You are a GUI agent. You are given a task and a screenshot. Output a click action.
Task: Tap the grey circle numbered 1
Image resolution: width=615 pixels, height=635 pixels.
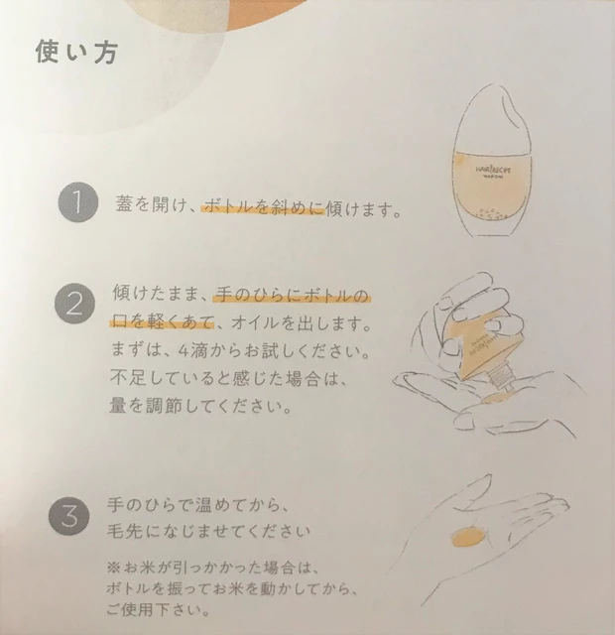coord(77,205)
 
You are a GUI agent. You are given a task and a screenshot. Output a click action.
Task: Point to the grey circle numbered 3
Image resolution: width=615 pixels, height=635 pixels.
coord(77,517)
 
